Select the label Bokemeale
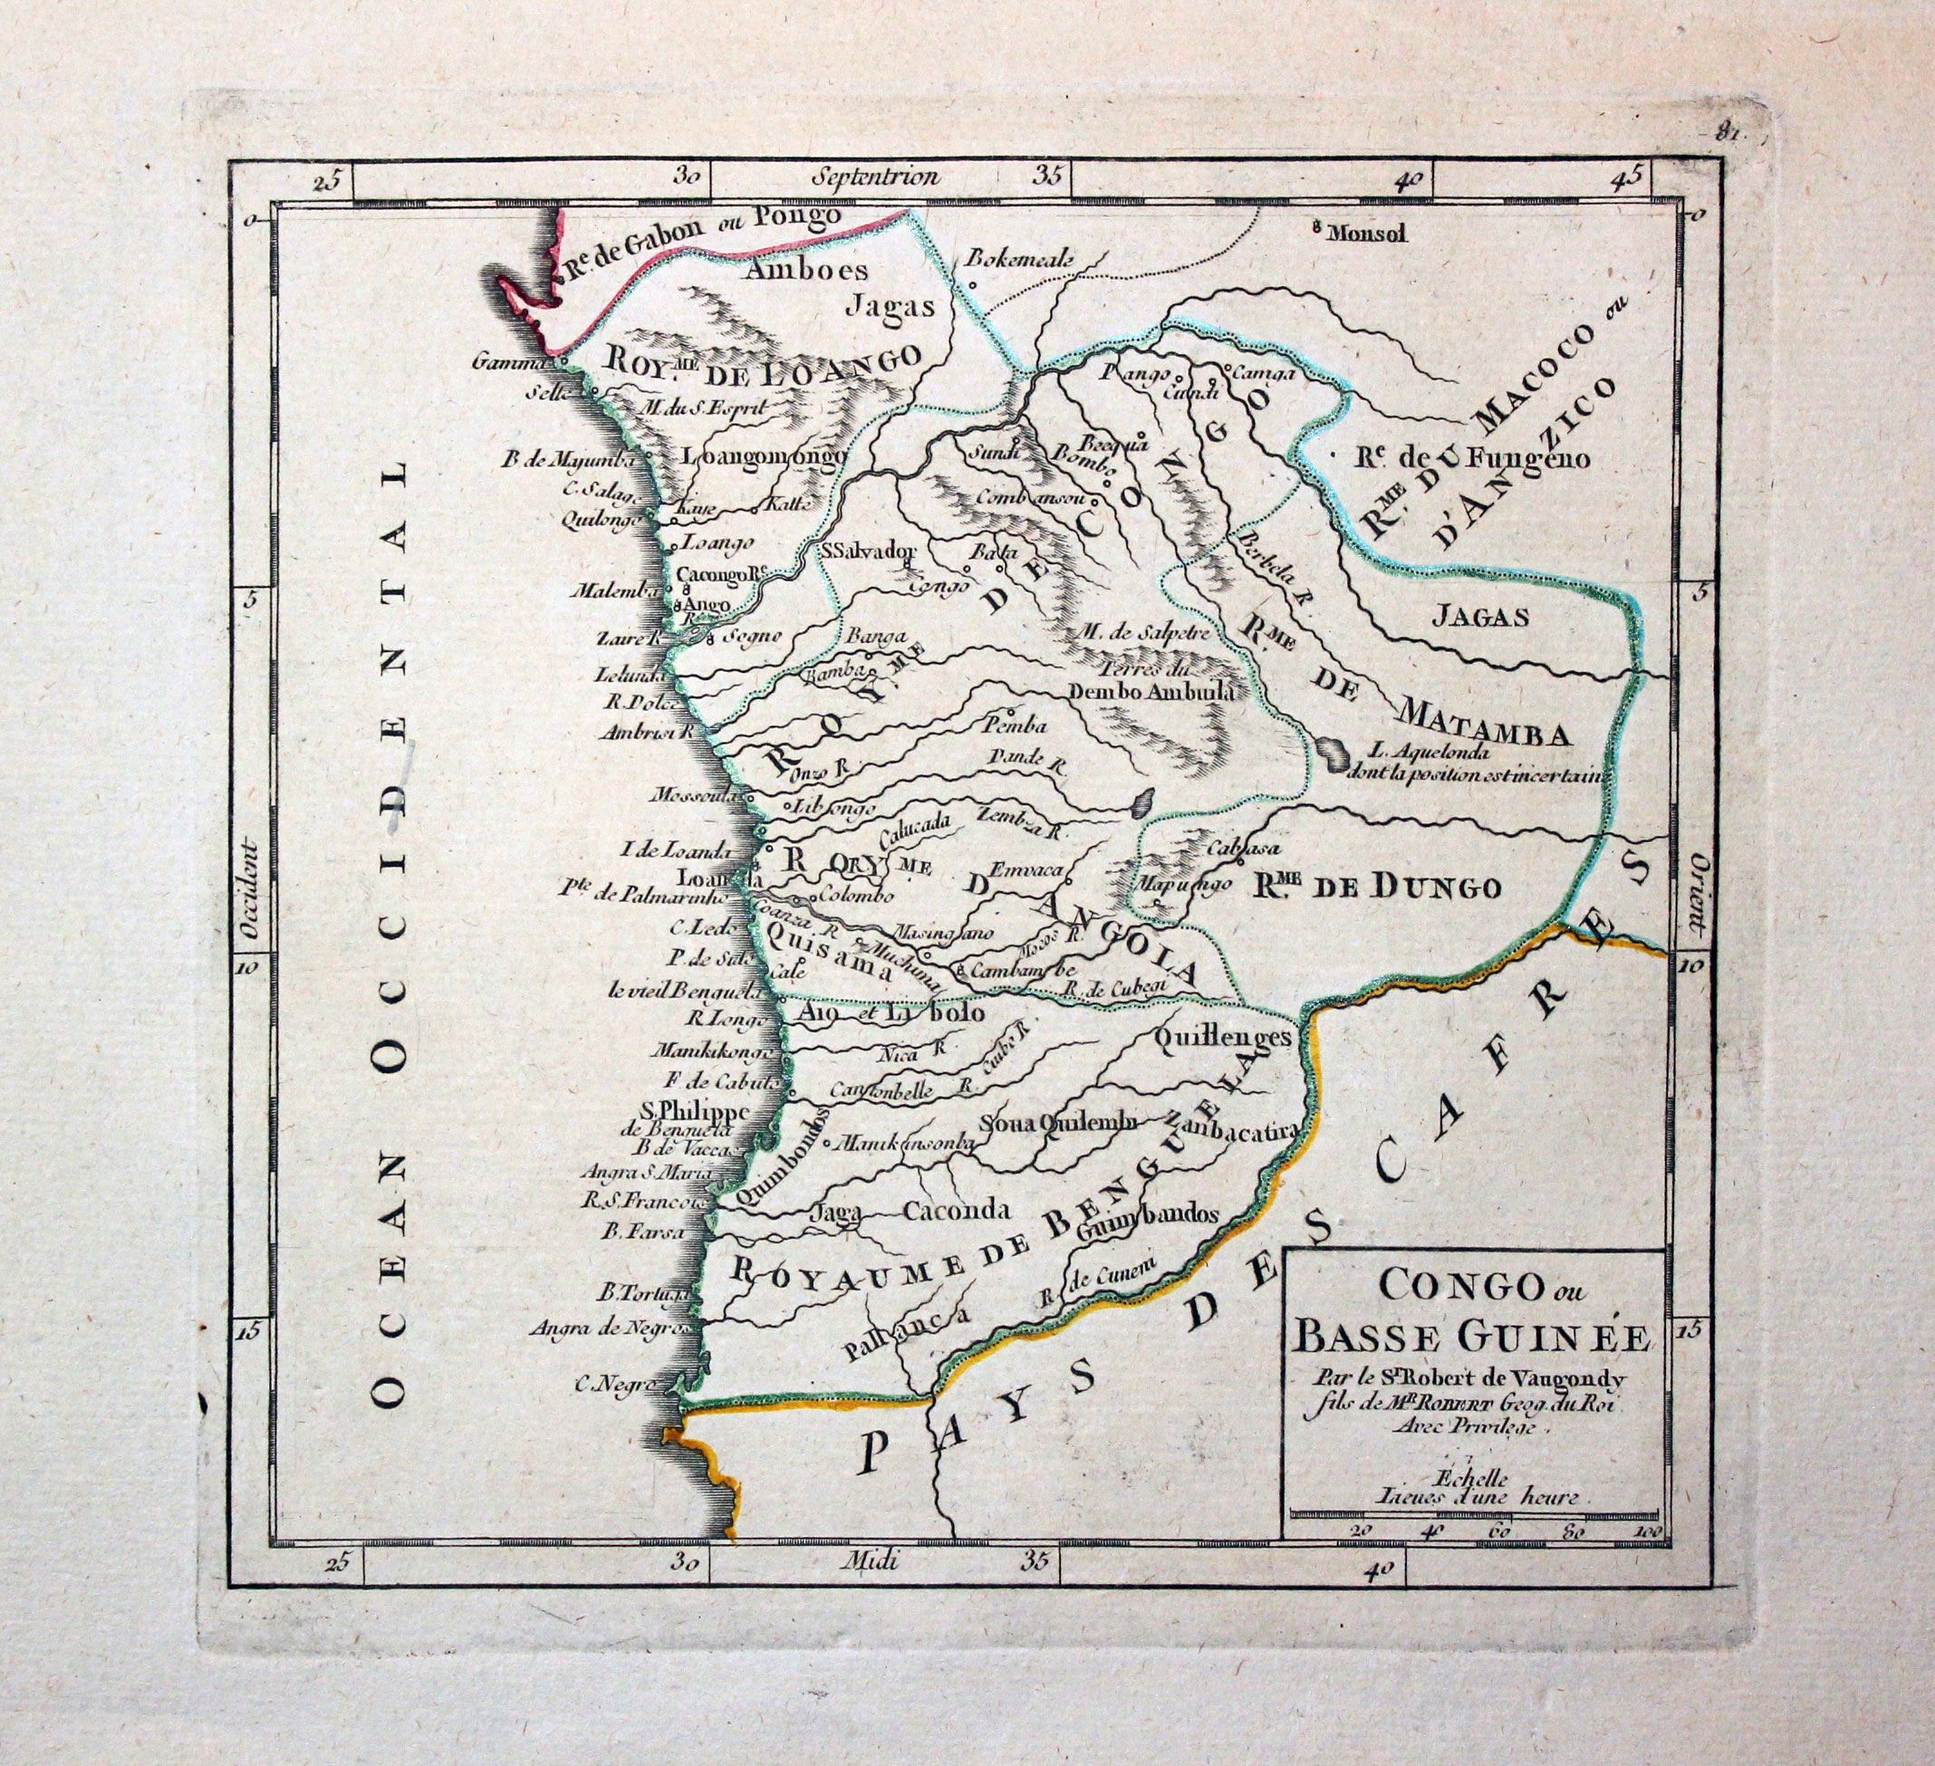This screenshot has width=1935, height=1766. [x=1017, y=259]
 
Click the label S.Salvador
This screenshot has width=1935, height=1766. [x=870, y=551]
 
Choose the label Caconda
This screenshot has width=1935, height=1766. [x=957, y=1209]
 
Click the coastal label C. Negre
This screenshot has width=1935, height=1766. [x=614, y=1384]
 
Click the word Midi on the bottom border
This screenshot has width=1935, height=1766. [x=867, y=1587]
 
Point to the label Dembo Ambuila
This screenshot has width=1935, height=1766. [x=1148, y=690]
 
